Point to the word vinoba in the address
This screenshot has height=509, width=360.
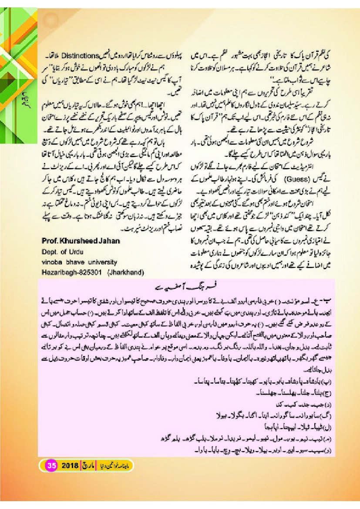click(52, 262)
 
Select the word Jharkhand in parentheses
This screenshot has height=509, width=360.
click(127, 272)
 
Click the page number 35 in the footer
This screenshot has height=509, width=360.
click(50, 465)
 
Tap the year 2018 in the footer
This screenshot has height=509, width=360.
click(69, 465)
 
